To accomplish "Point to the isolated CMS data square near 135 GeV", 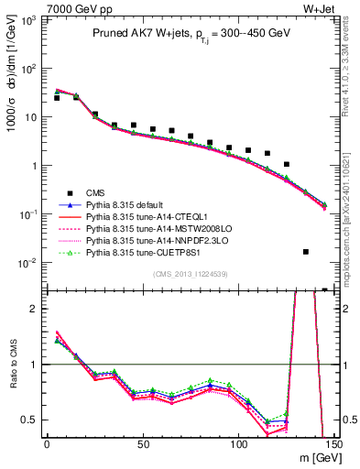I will pyautogui.click(x=306, y=251).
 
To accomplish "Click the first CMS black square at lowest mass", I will pyautogui.click(x=57, y=97).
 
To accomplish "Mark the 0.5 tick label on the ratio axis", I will pyautogui.click(x=29, y=420).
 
